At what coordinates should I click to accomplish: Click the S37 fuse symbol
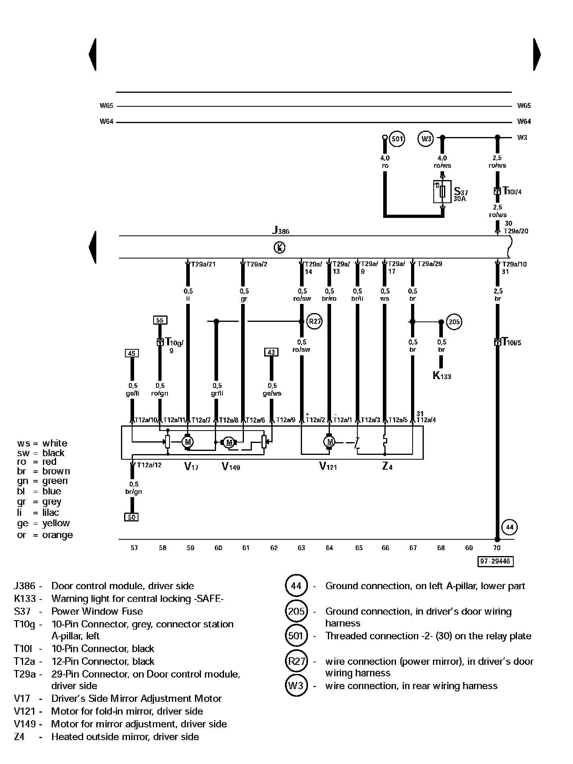(442, 192)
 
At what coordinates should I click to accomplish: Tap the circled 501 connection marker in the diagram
(397, 139)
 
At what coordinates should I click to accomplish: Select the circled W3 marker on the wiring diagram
(426, 139)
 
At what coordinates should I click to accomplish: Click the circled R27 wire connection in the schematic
(314, 321)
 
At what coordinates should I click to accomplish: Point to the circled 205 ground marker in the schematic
(454, 321)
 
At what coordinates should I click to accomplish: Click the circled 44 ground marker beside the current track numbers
(510, 527)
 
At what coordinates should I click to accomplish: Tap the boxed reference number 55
(160, 320)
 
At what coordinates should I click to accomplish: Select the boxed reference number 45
(132, 353)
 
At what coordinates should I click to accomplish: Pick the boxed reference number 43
(271, 352)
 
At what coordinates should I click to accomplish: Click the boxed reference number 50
(131, 517)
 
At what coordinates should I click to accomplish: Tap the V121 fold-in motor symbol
(329, 441)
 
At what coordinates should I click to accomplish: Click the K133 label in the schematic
(442, 376)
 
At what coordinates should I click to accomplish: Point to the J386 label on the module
(281, 231)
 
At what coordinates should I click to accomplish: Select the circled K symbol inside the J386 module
(279, 248)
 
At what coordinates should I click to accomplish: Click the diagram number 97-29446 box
(495, 561)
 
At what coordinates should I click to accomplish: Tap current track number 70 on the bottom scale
(497, 548)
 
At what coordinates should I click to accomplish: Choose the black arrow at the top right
(537, 55)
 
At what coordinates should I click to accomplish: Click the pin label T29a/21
(203, 264)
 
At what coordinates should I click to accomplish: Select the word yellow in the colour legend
(56, 523)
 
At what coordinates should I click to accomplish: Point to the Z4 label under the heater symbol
(387, 466)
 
